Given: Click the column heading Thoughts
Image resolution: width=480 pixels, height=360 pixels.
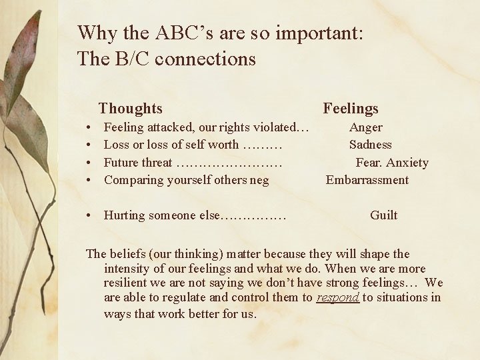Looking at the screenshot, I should point(130,109).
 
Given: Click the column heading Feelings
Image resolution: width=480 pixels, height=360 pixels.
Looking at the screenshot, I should point(350,109).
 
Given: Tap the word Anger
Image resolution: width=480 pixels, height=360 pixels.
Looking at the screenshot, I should point(366,127).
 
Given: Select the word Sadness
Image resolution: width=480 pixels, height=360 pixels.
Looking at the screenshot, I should point(371,145).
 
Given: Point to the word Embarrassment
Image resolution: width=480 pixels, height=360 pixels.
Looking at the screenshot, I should point(367,180).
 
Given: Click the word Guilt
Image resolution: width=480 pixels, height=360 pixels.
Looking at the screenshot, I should point(383,215).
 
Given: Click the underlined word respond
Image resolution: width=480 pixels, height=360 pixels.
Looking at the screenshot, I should point(338,297).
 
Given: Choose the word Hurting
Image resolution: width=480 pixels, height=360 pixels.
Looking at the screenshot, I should point(125,215).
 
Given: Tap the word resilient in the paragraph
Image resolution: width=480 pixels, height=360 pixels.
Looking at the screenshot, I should point(126,283).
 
